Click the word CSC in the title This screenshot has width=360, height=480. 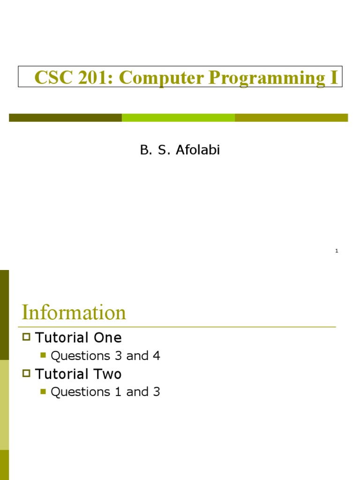pos(52,78)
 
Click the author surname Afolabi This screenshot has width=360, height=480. pos(197,150)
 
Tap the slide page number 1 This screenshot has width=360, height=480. pos(337,251)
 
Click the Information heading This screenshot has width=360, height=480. pos(74,313)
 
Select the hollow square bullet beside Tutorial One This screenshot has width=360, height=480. pos(26,337)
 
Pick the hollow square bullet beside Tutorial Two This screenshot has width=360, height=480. pos(26,373)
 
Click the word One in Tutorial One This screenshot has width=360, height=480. pos(107,337)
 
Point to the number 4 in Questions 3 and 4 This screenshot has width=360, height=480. pos(156,356)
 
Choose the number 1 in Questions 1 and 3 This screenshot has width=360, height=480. pos(118,392)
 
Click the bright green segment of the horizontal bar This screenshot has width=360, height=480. pos(178,118)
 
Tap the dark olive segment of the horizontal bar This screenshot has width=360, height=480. pos(65,118)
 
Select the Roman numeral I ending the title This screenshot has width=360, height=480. pos(333,78)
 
